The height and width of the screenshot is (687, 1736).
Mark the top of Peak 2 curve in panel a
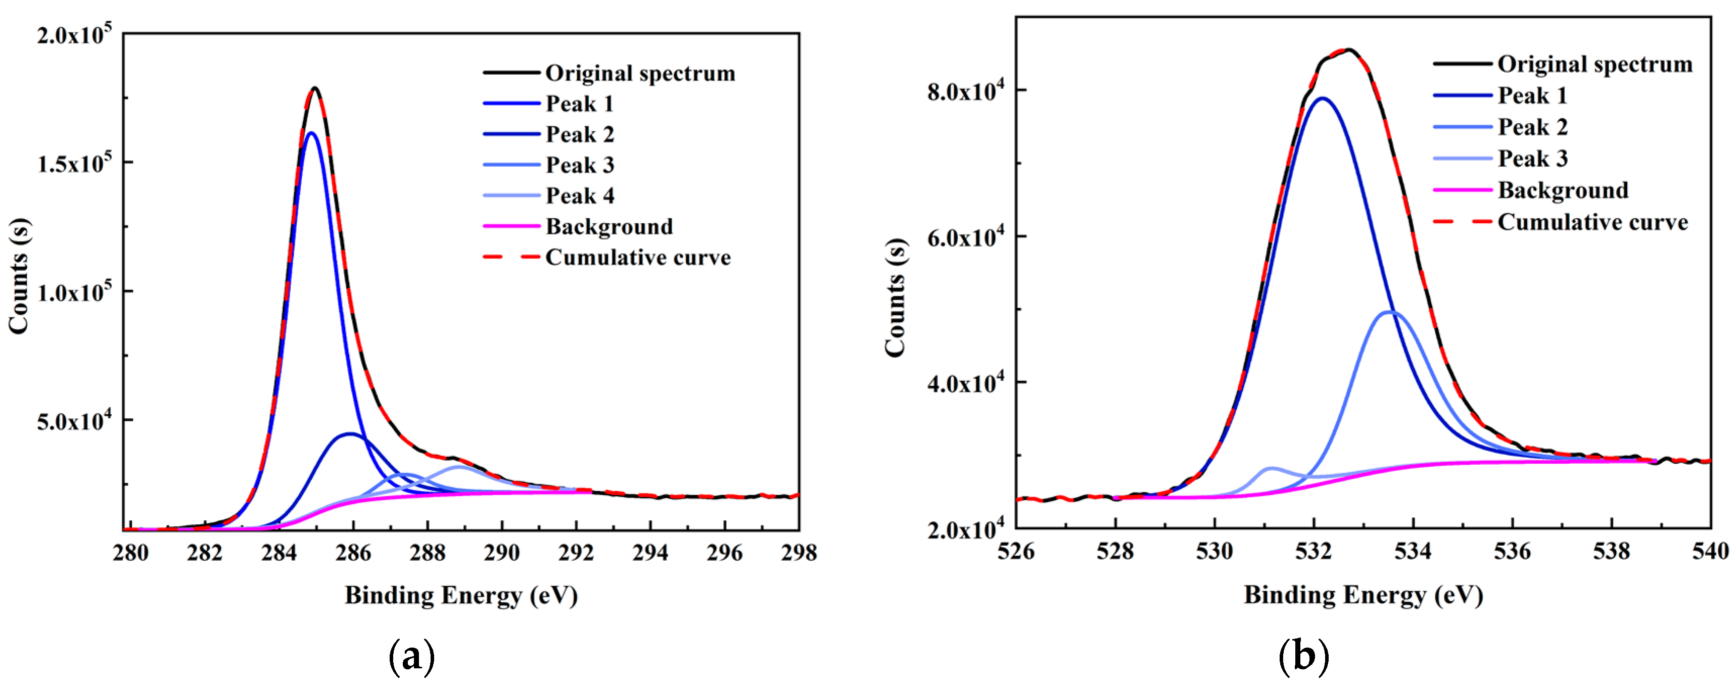[350, 434]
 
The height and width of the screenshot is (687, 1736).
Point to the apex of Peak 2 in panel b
[1390, 312]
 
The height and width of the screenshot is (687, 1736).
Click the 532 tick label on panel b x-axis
[1313, 552]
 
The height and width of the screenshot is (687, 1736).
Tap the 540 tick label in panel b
[1710, 552]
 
